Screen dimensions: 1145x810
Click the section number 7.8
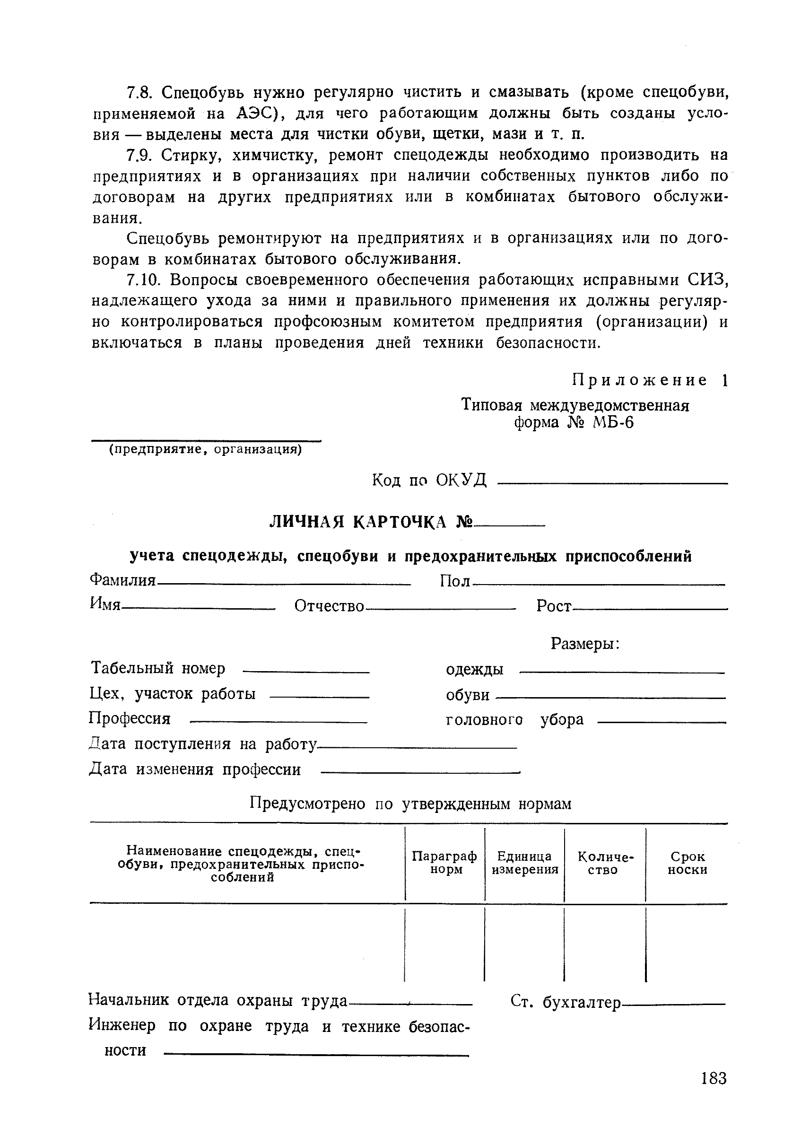coord(142,93)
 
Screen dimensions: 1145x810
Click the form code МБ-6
coord(613,423)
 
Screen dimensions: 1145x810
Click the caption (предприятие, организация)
coord(206,449)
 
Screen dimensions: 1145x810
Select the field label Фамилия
coord(122,580)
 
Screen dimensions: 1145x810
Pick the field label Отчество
coord(329,606)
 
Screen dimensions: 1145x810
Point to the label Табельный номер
coord(157,668)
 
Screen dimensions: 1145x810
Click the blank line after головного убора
coord(661,722)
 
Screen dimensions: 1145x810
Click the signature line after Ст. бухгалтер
coord(673,1004)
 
